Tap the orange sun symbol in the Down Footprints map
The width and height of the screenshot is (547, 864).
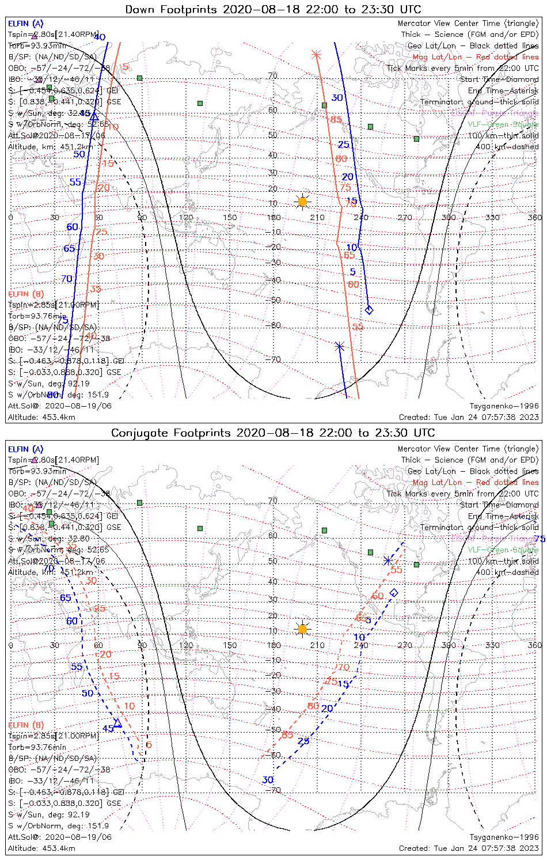[302, 202]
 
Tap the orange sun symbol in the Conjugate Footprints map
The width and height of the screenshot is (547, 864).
[302, 628]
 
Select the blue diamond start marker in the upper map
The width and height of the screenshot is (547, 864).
[369, 310]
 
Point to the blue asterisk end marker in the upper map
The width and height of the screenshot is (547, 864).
[340, 347]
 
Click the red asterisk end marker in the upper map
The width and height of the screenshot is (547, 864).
[316, 55]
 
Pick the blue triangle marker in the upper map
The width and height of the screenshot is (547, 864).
[94, 116]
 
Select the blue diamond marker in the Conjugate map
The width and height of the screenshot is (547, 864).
[394, 592]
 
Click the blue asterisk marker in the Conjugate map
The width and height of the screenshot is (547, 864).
[388, 560]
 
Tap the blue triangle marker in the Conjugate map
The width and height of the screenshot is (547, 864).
[117, 723]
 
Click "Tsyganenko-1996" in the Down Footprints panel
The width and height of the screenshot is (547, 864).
[504, 406]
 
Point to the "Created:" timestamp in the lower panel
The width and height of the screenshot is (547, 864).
[469, 848]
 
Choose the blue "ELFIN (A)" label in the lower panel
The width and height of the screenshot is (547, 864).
[26, 449]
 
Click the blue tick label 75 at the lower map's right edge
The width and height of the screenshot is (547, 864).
[540, 539]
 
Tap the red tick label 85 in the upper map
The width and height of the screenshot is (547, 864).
[336, 120]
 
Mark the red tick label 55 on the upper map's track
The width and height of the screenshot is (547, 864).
[358, 327]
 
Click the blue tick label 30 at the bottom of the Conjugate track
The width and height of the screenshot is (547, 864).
[268, 780]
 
